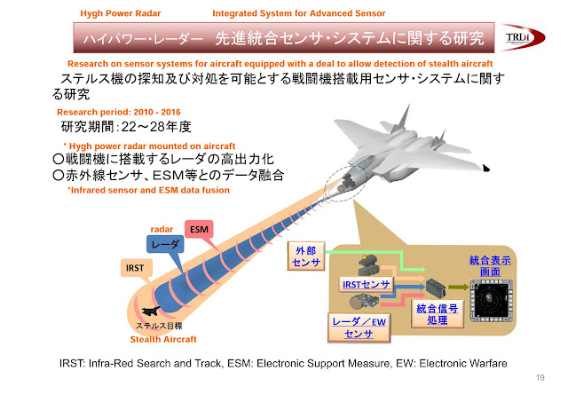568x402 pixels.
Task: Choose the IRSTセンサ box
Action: (366, 284)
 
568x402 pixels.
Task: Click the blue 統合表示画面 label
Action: (491, 265)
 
